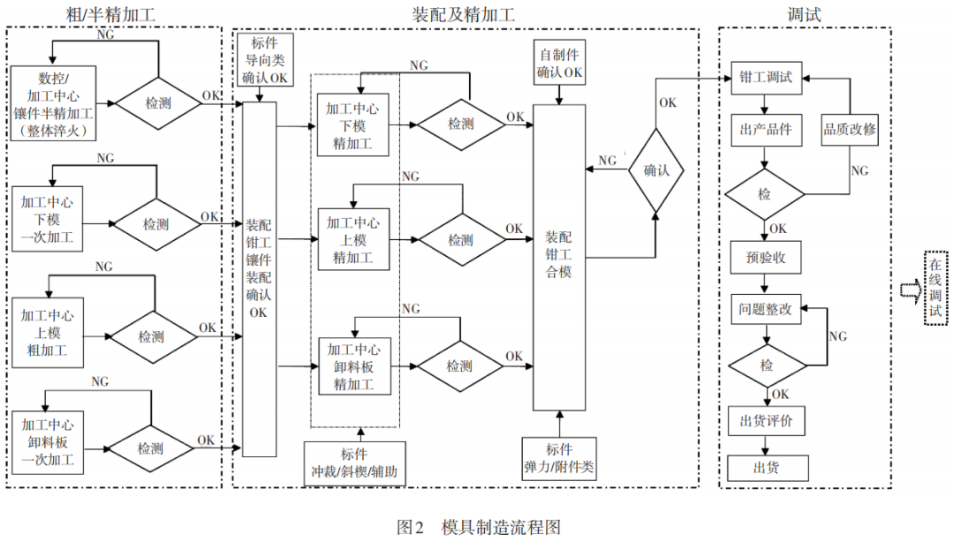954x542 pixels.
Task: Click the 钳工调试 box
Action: click(x=765, y=77)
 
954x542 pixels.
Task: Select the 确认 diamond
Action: click(x=656, y=170)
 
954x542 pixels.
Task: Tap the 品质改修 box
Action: click(x=850, y=130)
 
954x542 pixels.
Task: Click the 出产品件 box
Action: click(x=765, y=130)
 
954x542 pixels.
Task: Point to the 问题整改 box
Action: click(x=765, y=310)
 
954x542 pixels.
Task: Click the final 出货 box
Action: click(x=765, y=467)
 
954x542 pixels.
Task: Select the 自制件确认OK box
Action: click(x=559, y=63)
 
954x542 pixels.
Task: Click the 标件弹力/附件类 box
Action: click(x=559, y=456)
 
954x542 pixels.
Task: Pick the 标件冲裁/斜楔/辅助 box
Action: click(x=355, y=463)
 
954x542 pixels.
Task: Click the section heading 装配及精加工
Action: click(x=464, y=15)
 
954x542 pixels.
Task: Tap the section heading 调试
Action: click(x=804, y=15)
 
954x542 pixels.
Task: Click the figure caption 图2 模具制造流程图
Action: click(x=478, y=527)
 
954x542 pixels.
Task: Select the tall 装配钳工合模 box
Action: click(x=559, y=256)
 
